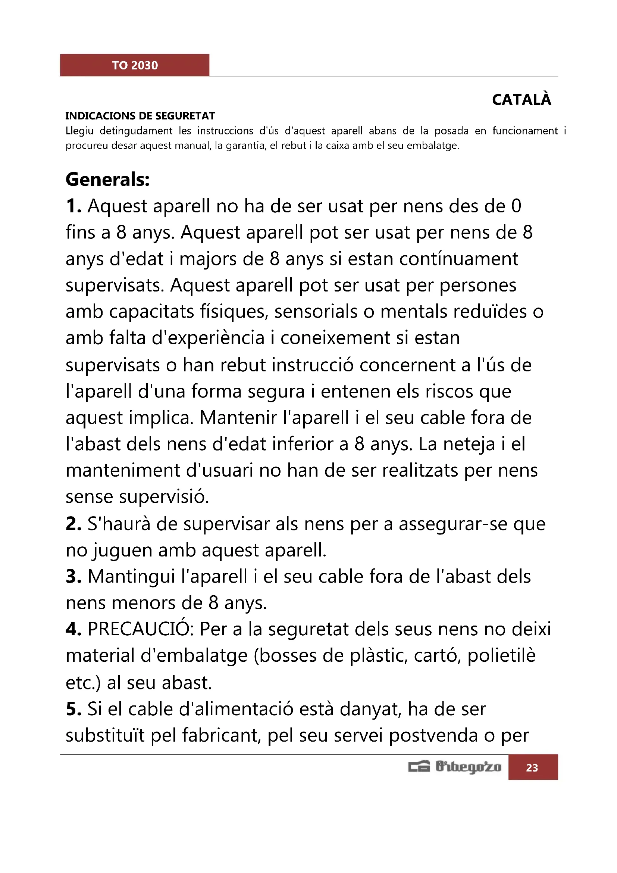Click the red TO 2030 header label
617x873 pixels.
tap(135, 65)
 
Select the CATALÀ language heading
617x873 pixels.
tap(521, 100)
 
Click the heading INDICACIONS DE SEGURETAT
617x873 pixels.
tap(140, 116)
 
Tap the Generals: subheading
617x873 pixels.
tap(107, 180)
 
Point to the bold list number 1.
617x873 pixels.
tap(73, 206)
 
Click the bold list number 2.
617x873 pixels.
tap(73, 524)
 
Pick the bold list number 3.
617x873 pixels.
tap(73, 577)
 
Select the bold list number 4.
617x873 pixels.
tap(73, 630)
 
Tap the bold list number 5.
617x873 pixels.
tap(73, 709)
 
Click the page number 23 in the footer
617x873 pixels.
tap(532, 768)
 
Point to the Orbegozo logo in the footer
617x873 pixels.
tap(455, 767)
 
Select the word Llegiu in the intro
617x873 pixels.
tap(79, 131)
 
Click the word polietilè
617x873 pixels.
tap(501, 656)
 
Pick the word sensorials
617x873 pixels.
tap(316, 312)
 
